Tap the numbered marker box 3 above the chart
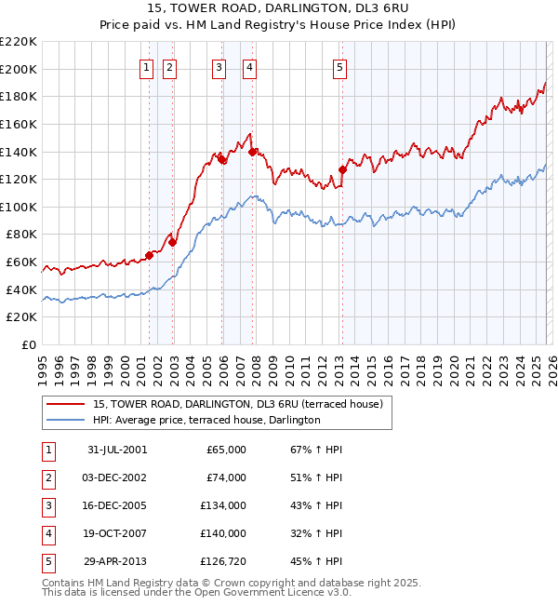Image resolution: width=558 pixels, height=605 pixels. coord(218,67)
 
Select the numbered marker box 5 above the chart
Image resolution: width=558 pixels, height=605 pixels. coord(339,67)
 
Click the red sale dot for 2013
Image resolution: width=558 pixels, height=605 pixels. coord(342,169)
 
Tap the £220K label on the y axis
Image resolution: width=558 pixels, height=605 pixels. coord(19,42)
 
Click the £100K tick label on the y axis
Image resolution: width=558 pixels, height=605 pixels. coord(19,207)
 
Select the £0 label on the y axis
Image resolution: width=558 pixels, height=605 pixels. coord(28,344)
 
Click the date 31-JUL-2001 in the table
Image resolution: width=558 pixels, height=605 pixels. coord(117,450)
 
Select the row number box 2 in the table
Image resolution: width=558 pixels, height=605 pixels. coord(46,477)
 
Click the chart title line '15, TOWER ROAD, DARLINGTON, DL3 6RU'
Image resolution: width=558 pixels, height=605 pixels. coord(278,8)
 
